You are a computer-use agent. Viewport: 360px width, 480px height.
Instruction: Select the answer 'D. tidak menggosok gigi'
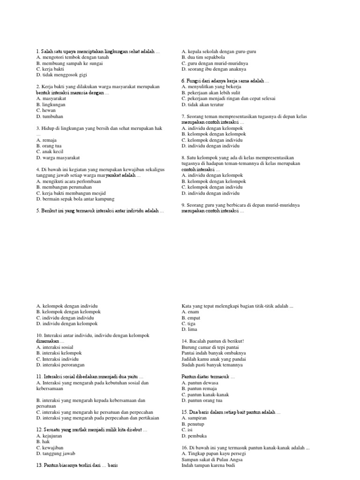click(61, 75)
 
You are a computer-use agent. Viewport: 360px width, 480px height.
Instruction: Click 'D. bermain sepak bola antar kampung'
click(75, 199)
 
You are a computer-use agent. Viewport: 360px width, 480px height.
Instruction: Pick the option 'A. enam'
click(191, 312)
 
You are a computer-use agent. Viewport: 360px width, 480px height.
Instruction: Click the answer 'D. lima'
click(190, 330)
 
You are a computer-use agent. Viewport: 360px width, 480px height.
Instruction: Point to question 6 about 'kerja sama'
click(225, 81)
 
